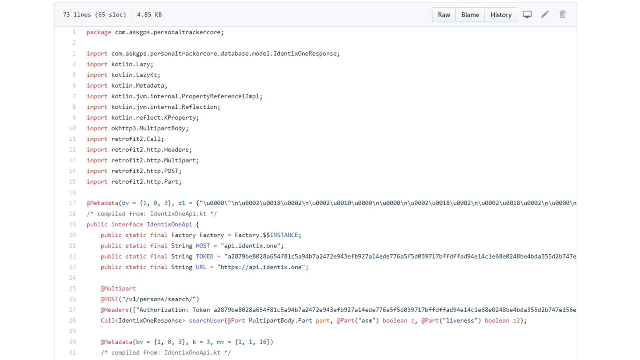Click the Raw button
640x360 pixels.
[444, 15]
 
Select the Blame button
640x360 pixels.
[470, 15]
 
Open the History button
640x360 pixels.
[501, 15]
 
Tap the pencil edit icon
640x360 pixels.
[545, 14]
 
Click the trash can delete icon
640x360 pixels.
[563, 14]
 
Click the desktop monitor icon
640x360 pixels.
[527, 14]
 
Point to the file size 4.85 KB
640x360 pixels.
[149, 15]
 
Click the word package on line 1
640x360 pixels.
[99, 32]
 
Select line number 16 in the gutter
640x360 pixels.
[72, 192]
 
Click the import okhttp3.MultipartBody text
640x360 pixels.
[137, 128]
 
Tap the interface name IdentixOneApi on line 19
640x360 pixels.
[169, 224]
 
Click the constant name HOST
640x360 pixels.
[203, 246]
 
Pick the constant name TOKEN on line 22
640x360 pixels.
[204, 256]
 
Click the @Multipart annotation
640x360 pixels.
[118, 288]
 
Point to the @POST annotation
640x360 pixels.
[109, 299]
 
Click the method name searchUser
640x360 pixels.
[206, 320]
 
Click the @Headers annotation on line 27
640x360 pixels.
[115, 310]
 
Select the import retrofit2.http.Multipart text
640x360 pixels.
[143, 160]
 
